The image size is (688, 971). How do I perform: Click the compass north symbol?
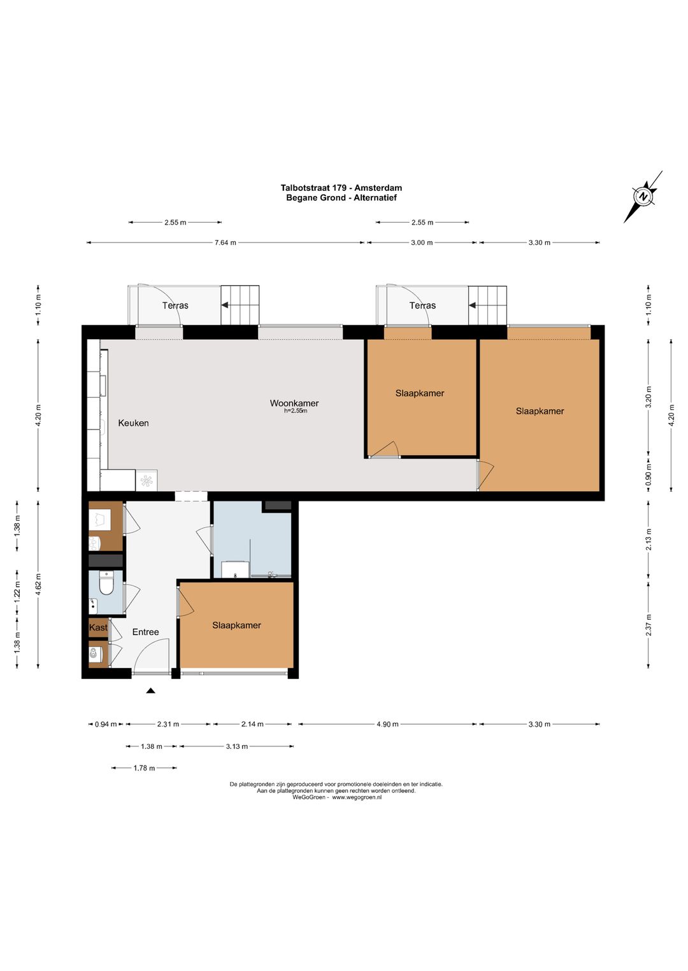point(643,197)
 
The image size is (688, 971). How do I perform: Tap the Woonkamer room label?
point(294,403)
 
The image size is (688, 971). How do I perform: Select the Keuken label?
point(133,423)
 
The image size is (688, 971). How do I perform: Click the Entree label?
point(145,632)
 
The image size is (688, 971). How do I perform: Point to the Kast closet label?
point(98,627)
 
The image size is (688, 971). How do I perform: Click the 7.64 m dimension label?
point(226,243)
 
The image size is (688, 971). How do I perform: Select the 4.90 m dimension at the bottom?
point(387,724)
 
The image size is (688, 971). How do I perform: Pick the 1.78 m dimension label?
point(144,768)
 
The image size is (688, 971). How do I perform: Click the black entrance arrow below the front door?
point(150,691)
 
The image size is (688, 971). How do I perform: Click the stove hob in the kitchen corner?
point(147,481)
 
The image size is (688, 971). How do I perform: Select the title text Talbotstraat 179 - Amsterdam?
point(341,188)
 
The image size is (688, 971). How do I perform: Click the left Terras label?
point(175,305)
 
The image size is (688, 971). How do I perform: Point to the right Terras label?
point(422,305)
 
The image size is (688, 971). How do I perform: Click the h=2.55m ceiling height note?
point(296,411)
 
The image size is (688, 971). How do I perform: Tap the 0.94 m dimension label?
point(106,724)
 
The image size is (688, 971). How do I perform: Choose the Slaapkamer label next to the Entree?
point(236,625)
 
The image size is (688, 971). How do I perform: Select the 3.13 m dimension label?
point(236,746)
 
